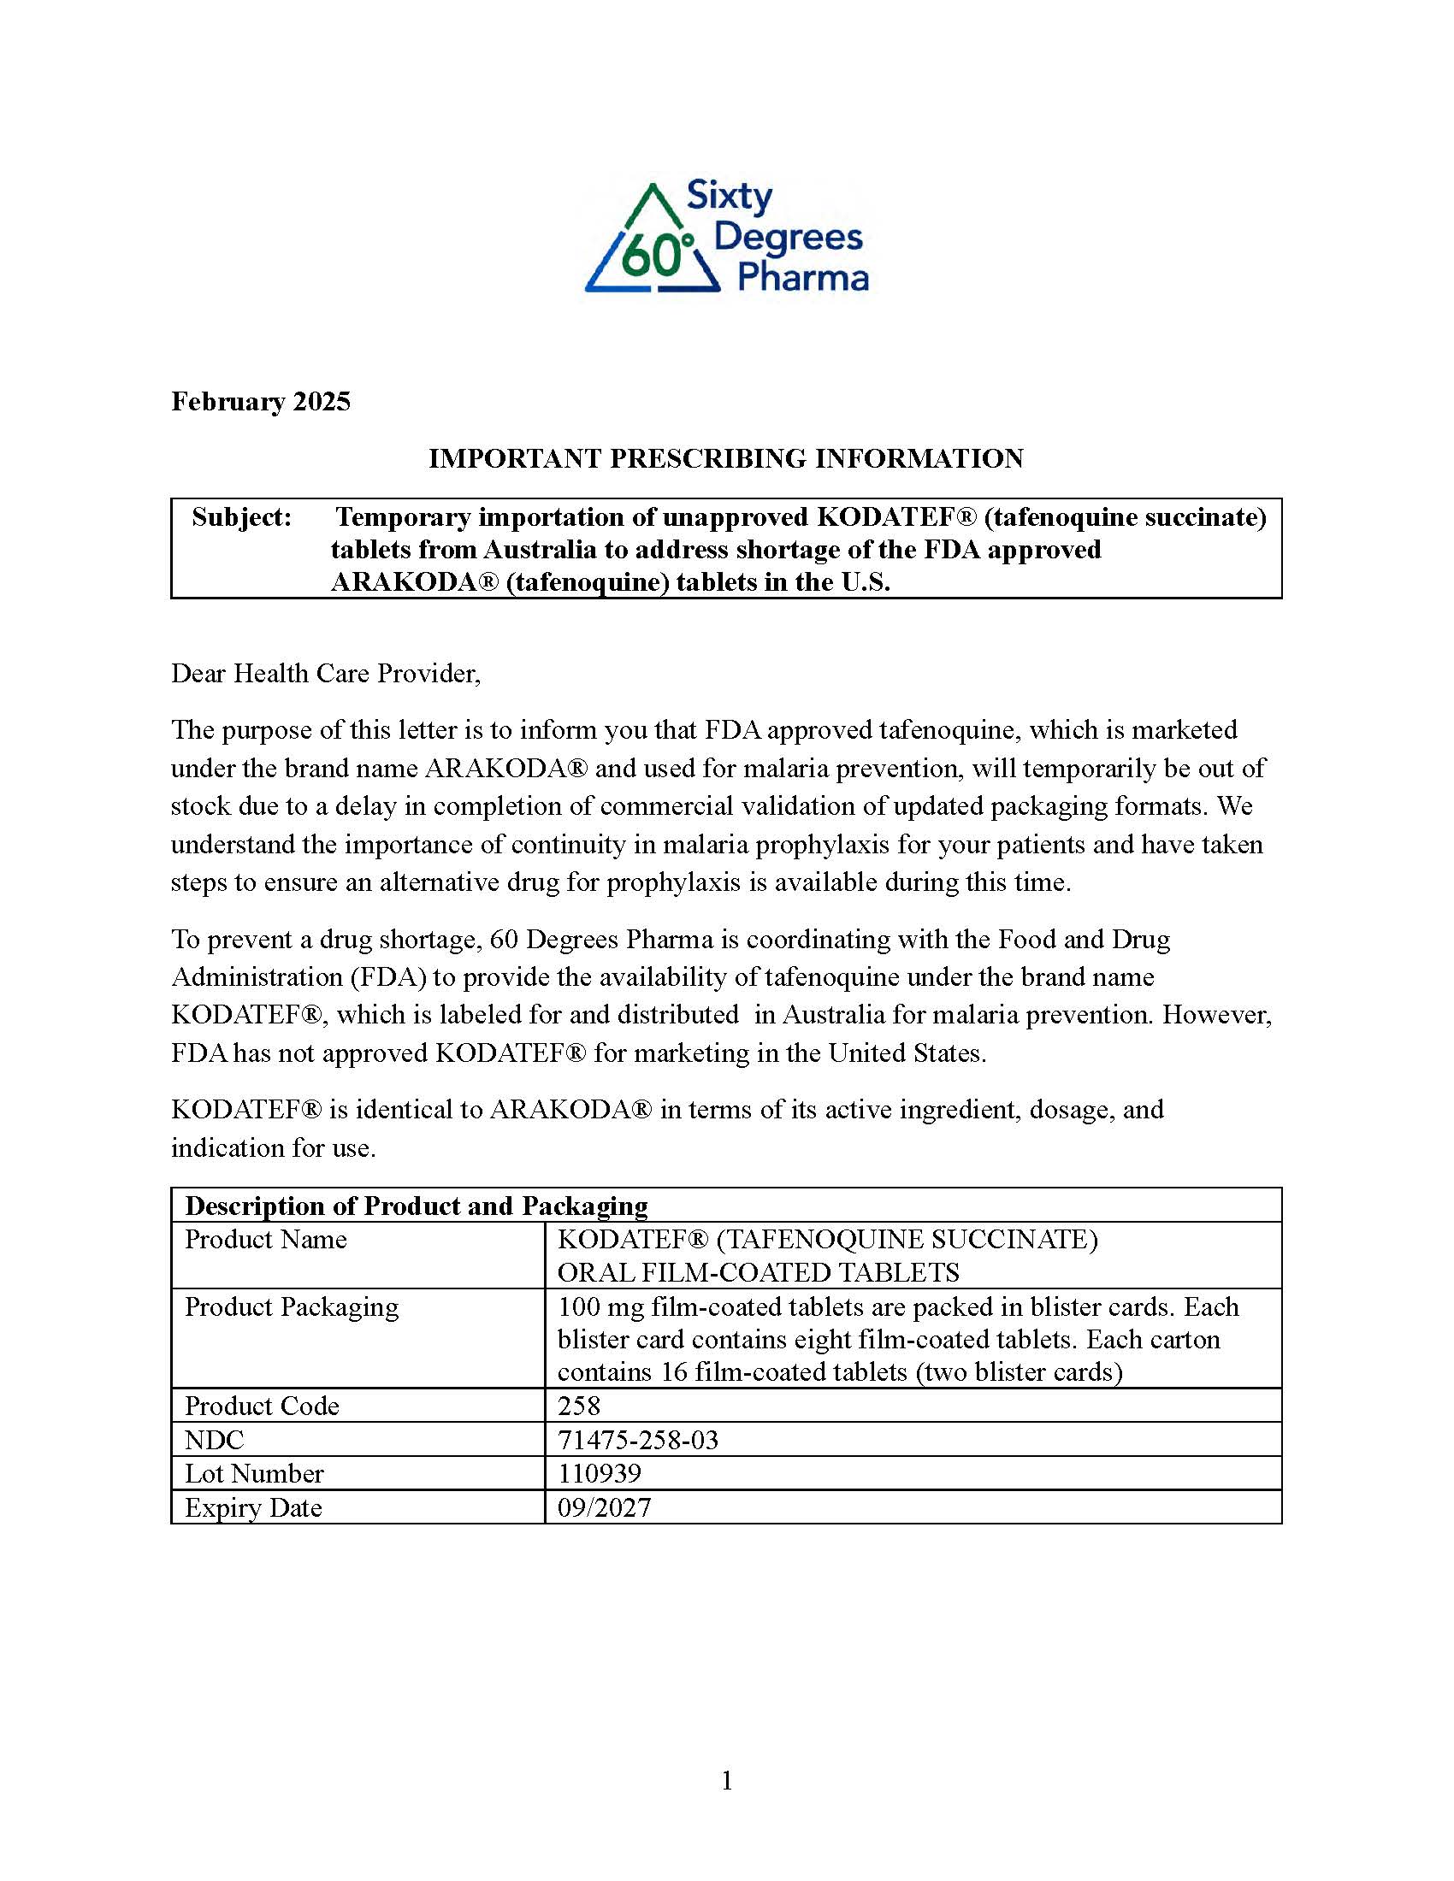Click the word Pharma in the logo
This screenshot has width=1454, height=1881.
tap(803, 278)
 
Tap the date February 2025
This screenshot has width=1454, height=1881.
tap(260, 401)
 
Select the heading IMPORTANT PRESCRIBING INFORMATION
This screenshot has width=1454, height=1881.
tap(726, 458)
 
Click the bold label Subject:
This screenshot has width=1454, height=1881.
tap(242, 516)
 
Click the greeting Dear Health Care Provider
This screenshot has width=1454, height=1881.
tap(326, 673)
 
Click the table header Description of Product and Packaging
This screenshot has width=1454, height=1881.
tap(416, 1206)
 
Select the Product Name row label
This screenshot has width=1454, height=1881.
tap(265, 1240)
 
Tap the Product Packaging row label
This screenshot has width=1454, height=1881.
tap(291, 1306)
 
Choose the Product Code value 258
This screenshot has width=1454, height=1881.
tap(579, 1406)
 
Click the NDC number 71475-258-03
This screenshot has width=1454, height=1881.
tap(637, 1440)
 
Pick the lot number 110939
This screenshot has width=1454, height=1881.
tap(600, 1474)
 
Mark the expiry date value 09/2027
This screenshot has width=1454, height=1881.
tap(604, 1507)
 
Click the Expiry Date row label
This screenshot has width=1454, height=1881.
tap(253, 1507)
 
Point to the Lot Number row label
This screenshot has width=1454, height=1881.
tap(254, 1474)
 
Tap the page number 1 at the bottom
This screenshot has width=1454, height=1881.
tap(727, 1780)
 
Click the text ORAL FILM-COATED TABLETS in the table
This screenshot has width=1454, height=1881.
tap(758, 1272)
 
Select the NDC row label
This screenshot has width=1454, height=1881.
tap(215, 1440)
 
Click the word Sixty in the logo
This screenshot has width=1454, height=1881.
tap(729, 197)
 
